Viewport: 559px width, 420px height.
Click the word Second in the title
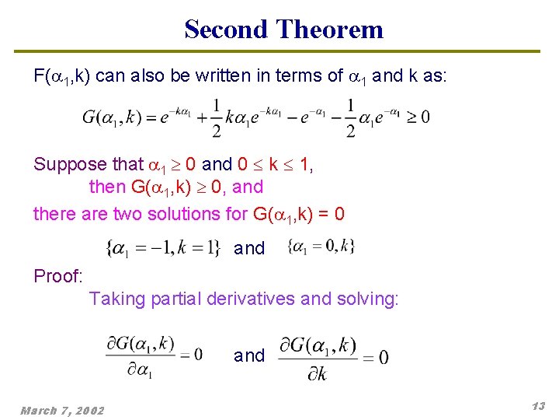click(x=227, y=30)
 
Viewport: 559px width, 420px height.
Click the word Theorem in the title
click(x=329, y=30)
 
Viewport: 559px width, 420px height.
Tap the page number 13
click(x=538, y=407)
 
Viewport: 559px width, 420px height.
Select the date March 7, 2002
click(x=62, y=410)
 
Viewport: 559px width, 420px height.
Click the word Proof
click(x=57, y=276)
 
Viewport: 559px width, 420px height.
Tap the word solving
click(x=367, y=299)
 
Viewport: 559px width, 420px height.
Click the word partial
click(x=175, y=299)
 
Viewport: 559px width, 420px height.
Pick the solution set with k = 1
click(x=163, y=248)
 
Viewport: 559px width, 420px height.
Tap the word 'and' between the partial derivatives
click(x=249, y=355)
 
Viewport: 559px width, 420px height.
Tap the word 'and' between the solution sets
click(x=249, y=248)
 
